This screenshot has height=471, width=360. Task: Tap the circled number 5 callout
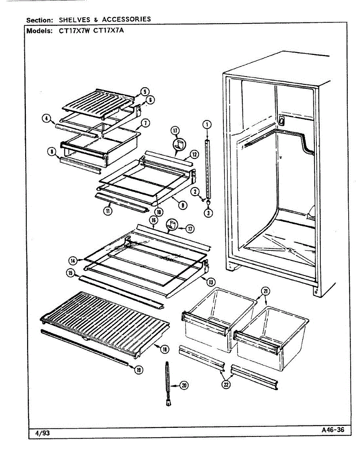pyautogui.click(x=146, y=92)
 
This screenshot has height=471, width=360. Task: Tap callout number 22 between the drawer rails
pyautogui.click(x=225, y=385)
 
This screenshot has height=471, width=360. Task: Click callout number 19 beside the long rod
pyautogui.click(x=138, y=369)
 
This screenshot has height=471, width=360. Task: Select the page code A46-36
pyautogui.click(x=332, y=430)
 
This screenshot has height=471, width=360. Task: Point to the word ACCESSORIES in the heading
pyautogui.click(x=126, y=19)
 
